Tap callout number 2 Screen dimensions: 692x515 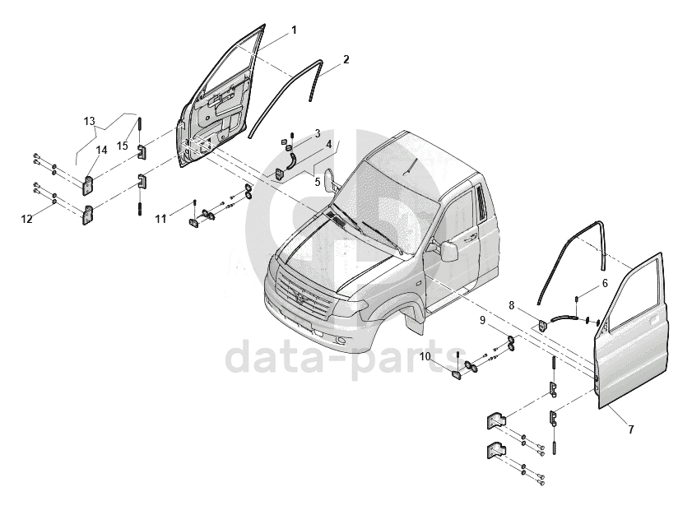pyautogui.click(x=346, y=59)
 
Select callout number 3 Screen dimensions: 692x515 pyautogui.click(x=317, y=133)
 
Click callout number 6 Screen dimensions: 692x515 pyautogui.click(x=605, y=283)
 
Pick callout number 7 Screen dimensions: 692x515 pyautogui.click(x=631, y=429)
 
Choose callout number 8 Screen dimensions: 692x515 pyautogui.click(x=511, y=305)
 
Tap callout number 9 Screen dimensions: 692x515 pyautogui.click(x=483, y=319)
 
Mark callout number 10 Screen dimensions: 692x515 pyautogui.click(x=425, y=356)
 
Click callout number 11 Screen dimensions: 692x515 pyautogui.click(x=162, y=218)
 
